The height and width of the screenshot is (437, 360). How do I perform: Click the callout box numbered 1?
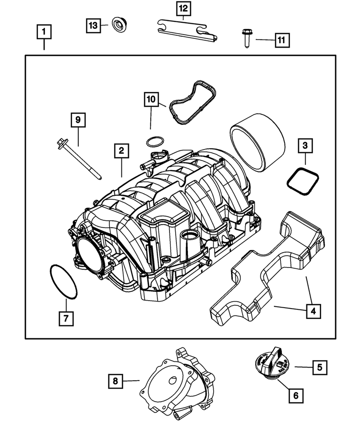point(44,33)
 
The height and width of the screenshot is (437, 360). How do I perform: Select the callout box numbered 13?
point(93,26)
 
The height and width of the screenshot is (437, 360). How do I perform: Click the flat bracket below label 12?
point(185,30)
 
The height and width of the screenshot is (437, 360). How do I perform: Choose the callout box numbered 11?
point(281,41)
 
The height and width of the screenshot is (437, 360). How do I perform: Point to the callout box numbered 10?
point(151,100)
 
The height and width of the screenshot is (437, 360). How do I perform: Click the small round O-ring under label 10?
point(154,141)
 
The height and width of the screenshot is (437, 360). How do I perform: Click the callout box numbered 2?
point(121,151)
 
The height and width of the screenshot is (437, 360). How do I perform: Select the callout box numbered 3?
point(305,146)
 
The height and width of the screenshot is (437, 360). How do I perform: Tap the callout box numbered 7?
point(66,319)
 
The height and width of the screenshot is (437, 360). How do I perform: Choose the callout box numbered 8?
point(115,382)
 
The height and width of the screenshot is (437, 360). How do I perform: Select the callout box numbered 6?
point(295,395)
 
